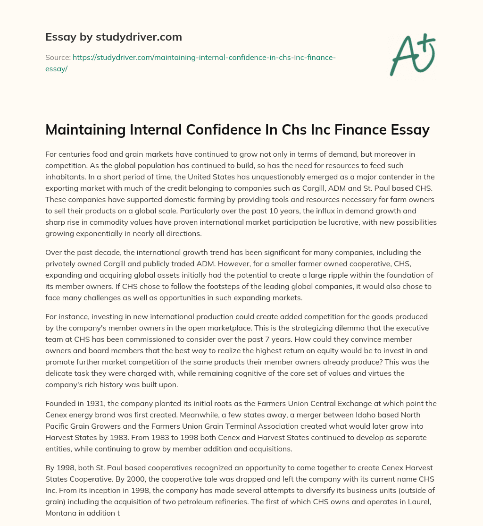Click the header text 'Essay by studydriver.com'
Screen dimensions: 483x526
(113, 37)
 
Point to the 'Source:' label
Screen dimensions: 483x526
(58, 58)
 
